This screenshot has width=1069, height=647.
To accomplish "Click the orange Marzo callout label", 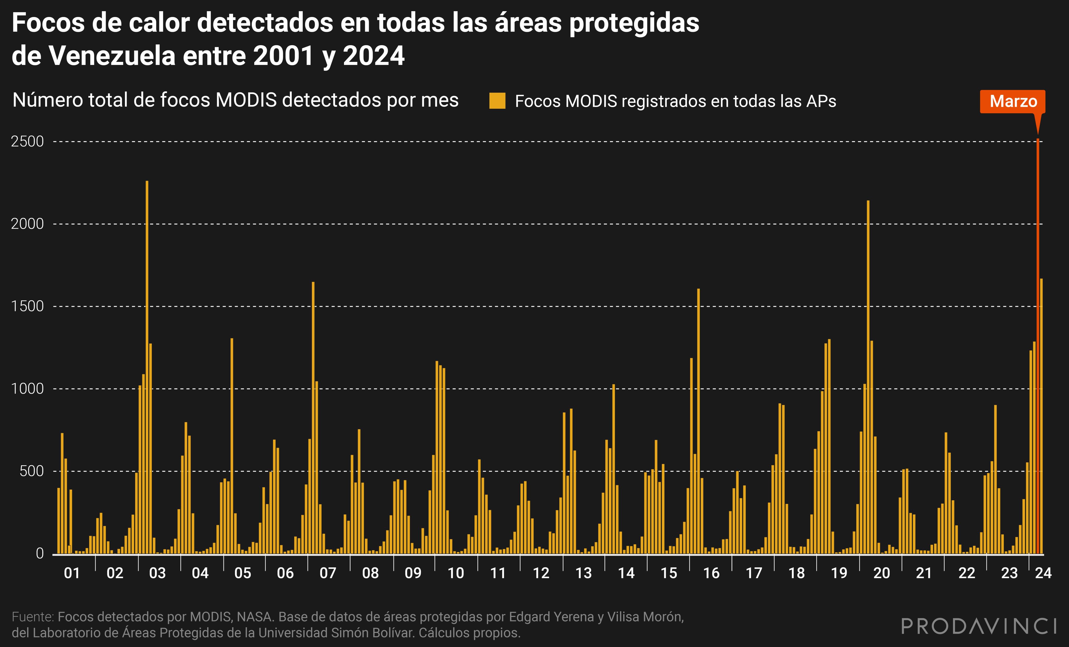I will tap(1013, 102).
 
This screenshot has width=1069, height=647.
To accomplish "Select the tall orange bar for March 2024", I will tap(1037, 347).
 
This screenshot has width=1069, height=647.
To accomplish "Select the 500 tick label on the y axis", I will tap(31, 471).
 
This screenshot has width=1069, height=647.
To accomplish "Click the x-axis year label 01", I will tap(72, 573).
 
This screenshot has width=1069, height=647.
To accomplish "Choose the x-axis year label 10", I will tap(455, 573).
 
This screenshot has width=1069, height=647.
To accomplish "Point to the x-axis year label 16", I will tap(711, 573).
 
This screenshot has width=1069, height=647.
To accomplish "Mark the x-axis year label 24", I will tap(1043, 573).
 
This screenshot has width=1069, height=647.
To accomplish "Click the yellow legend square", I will tap(497, 101).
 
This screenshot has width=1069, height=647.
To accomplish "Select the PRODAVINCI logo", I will tap(978, 626).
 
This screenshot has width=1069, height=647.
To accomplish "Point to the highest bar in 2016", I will tap(698, 421).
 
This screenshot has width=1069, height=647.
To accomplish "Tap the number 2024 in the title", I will tap(373, 56).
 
